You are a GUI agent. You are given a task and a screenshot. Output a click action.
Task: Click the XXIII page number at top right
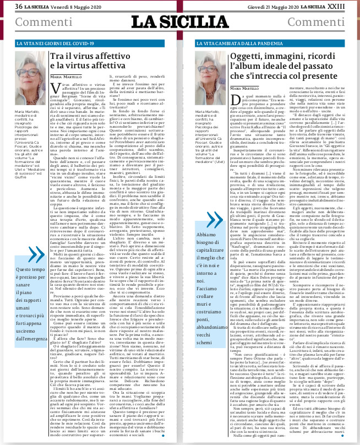point(347,6)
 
